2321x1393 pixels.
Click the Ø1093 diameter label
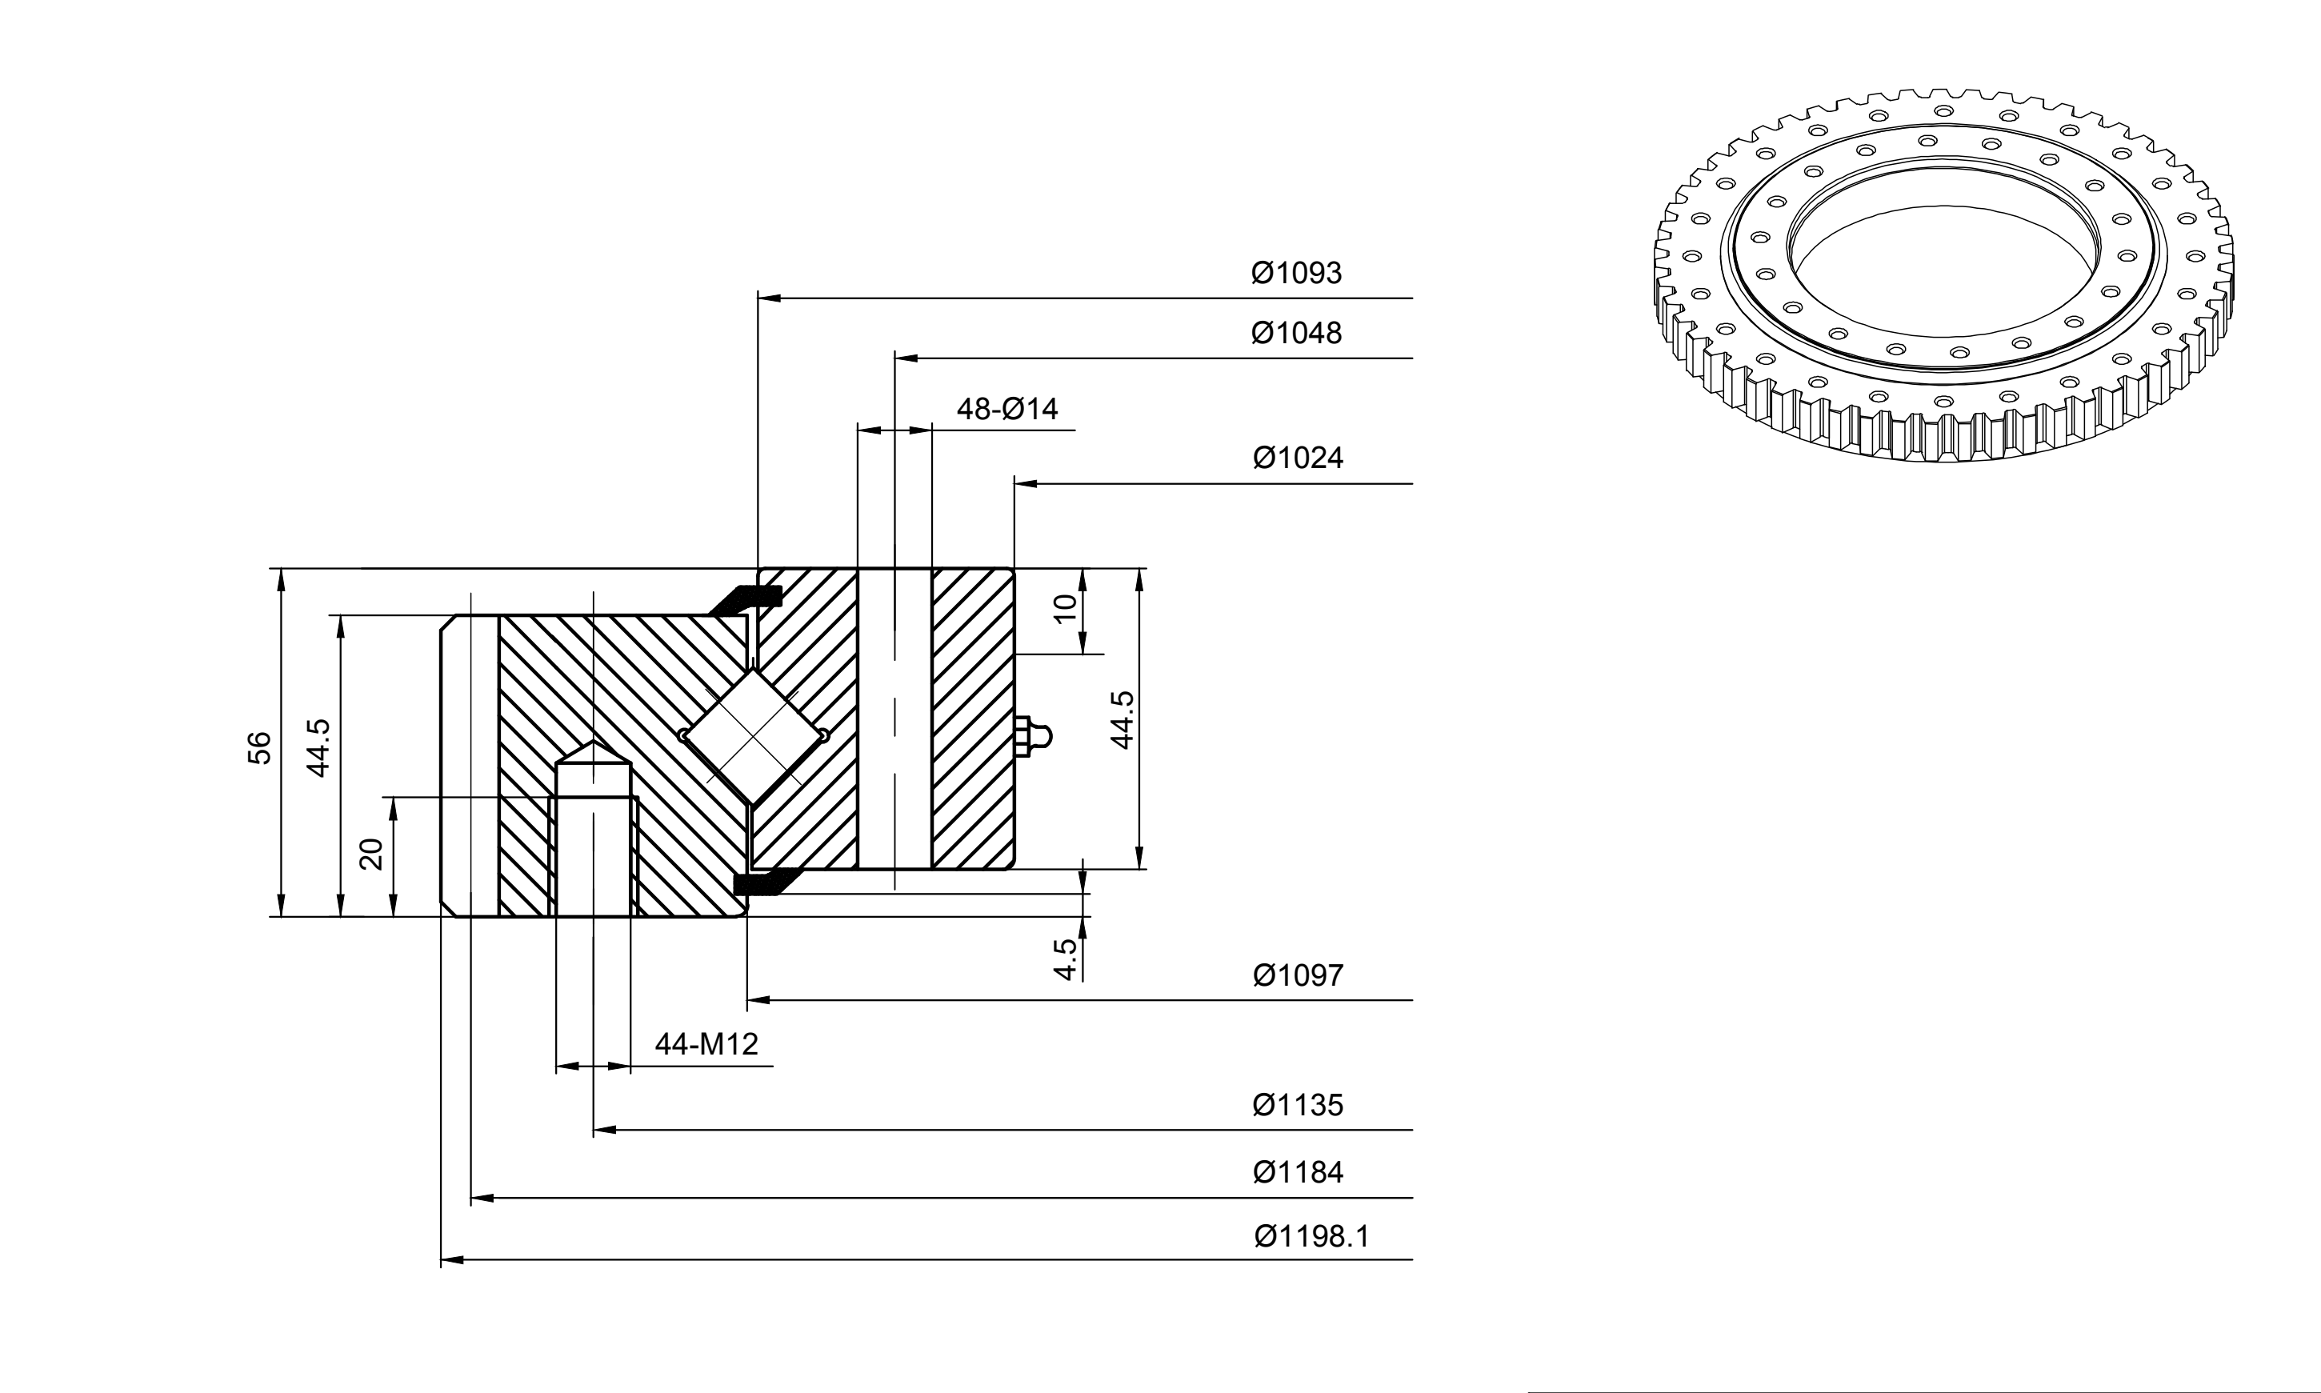[x=1296, y=273]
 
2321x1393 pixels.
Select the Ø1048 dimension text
[x=1296, y=333]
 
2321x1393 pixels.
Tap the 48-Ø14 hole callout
[x=1007, y=410]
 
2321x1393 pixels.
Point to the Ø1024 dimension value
[x=1298, y=458]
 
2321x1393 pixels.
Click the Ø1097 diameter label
[x=1298, y=975]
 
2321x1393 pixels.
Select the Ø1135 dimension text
[x=1298, y=1105]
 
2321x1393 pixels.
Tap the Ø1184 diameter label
[x=1298, y=1172]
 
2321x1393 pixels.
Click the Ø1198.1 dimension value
[x=1312, y=1236]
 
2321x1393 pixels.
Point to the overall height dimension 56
[x=260, y=748]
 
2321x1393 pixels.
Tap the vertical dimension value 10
[x=1064, y=609]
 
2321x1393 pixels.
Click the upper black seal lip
[x=746, y=598]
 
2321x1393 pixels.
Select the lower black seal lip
[x=765, y=882]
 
